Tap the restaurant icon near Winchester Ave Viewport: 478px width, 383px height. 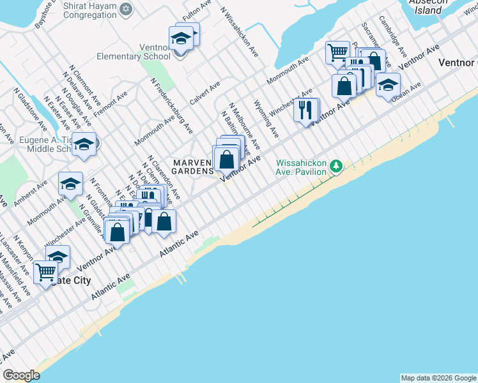point(305,110)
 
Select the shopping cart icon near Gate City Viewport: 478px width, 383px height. point(46,273)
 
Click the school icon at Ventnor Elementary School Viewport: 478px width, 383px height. point(181,39)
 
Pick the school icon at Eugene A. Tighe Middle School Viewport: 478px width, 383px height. point(84,145)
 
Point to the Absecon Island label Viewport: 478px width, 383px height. point(428,6)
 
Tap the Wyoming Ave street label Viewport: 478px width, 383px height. point(266,119)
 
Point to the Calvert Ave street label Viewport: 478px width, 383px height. point(204,90)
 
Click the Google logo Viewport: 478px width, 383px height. point(22,375)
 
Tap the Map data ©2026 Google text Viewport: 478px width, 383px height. point(438,378)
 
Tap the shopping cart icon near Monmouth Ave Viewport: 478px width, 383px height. point(337,52)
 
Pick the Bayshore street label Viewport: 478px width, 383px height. point(43,14)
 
